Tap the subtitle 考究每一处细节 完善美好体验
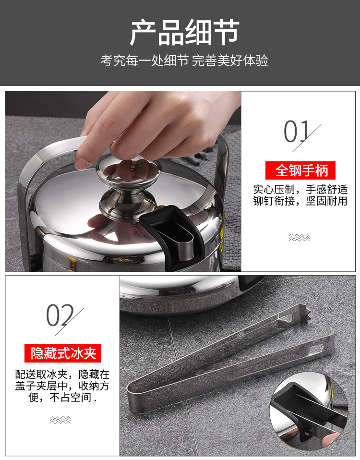184,61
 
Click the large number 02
59,316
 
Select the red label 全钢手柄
300,170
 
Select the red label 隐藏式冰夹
63,354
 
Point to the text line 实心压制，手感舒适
300,189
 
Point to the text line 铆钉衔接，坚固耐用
300,201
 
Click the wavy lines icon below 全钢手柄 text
300,237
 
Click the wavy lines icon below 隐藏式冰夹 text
60,420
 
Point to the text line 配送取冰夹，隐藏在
62,374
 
